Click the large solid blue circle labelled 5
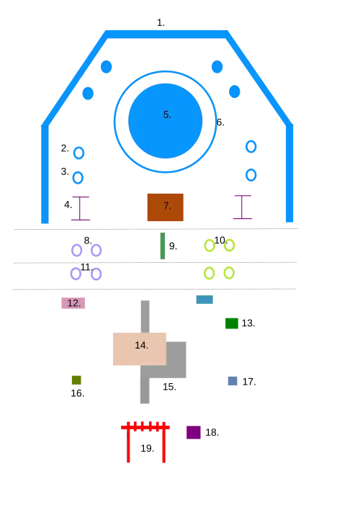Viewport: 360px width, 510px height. tap(165, 121)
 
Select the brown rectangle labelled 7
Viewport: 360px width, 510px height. tap(165, 207)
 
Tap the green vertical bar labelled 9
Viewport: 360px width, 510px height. tap(163, 246)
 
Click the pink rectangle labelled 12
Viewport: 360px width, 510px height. tap(73, 303)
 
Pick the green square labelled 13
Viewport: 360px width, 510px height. tap(232, 323)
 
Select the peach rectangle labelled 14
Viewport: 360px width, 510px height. tap(140, 349)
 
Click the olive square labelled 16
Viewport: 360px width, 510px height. tap(76, 380)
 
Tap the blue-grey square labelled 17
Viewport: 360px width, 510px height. tap(233, 381)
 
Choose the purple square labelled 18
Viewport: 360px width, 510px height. tap(194, 433)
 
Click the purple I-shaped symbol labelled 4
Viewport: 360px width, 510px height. tap(81, 208)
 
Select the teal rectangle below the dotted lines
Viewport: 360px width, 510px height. tap(204, 300)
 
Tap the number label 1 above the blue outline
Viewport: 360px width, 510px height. tap(161, 23)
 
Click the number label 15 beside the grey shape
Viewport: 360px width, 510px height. tap(169, 387)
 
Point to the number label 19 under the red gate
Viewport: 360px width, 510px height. tap(148, 448)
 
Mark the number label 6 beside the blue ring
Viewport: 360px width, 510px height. tap(220, 122)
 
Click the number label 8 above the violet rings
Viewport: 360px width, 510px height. tap(88, 241)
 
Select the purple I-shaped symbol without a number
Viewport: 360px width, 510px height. tap(242, 207)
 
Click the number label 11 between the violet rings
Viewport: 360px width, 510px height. tap(86, 267)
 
